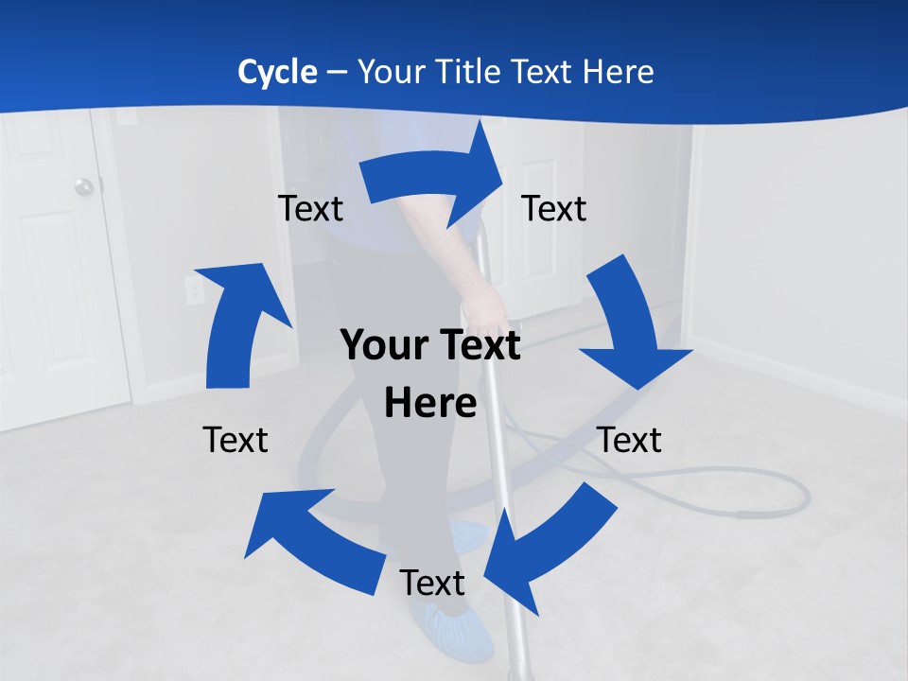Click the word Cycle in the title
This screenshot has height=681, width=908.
click(x=277, y=72)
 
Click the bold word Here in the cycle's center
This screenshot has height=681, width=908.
click(x=430, y=404)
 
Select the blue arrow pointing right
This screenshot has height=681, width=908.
click(x=435, y=175)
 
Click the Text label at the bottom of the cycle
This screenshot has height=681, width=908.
click(x=432, y=583)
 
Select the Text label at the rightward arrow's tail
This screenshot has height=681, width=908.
click(x=310, y=208)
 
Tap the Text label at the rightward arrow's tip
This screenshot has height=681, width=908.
click(x=554, y=208)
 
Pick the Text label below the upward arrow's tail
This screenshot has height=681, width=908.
click(x=236, y=440)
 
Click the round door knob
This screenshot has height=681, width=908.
click(x=85, y=186)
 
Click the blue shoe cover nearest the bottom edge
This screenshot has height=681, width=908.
click(x=454, y=629)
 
